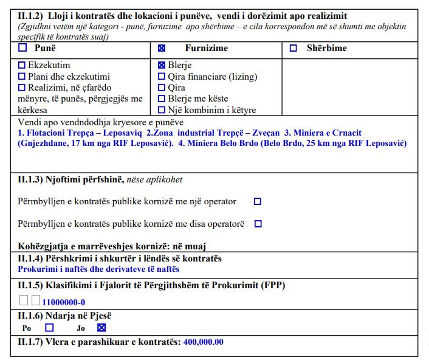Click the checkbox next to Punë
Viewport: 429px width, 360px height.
[x=23, y=48]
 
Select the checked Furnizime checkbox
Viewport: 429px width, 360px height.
[x=162, y=48]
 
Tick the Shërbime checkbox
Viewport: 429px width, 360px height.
[x=293, y=48]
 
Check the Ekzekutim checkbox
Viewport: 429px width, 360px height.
[x=22, y=65]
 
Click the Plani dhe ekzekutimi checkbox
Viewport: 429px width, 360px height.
[x=22, y=76]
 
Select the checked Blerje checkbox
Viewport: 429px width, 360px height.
[x=162, y=65]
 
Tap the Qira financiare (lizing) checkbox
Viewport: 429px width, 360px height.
[x=162, y=76]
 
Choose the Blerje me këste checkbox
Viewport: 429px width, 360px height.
[x=162, y=99]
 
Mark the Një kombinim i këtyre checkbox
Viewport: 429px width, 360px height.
[x=162, y=110]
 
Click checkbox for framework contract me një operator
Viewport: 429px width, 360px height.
[x=258, y=201]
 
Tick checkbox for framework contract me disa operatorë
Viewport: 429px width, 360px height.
[x=258, y=224]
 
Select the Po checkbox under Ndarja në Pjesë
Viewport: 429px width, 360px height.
[x=41, y=327]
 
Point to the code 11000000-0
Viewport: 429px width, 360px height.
[x=63, y=302]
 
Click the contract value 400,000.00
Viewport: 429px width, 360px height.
[x=203, y=342]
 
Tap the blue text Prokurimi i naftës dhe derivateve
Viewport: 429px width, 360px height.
[x=98, y=269]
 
